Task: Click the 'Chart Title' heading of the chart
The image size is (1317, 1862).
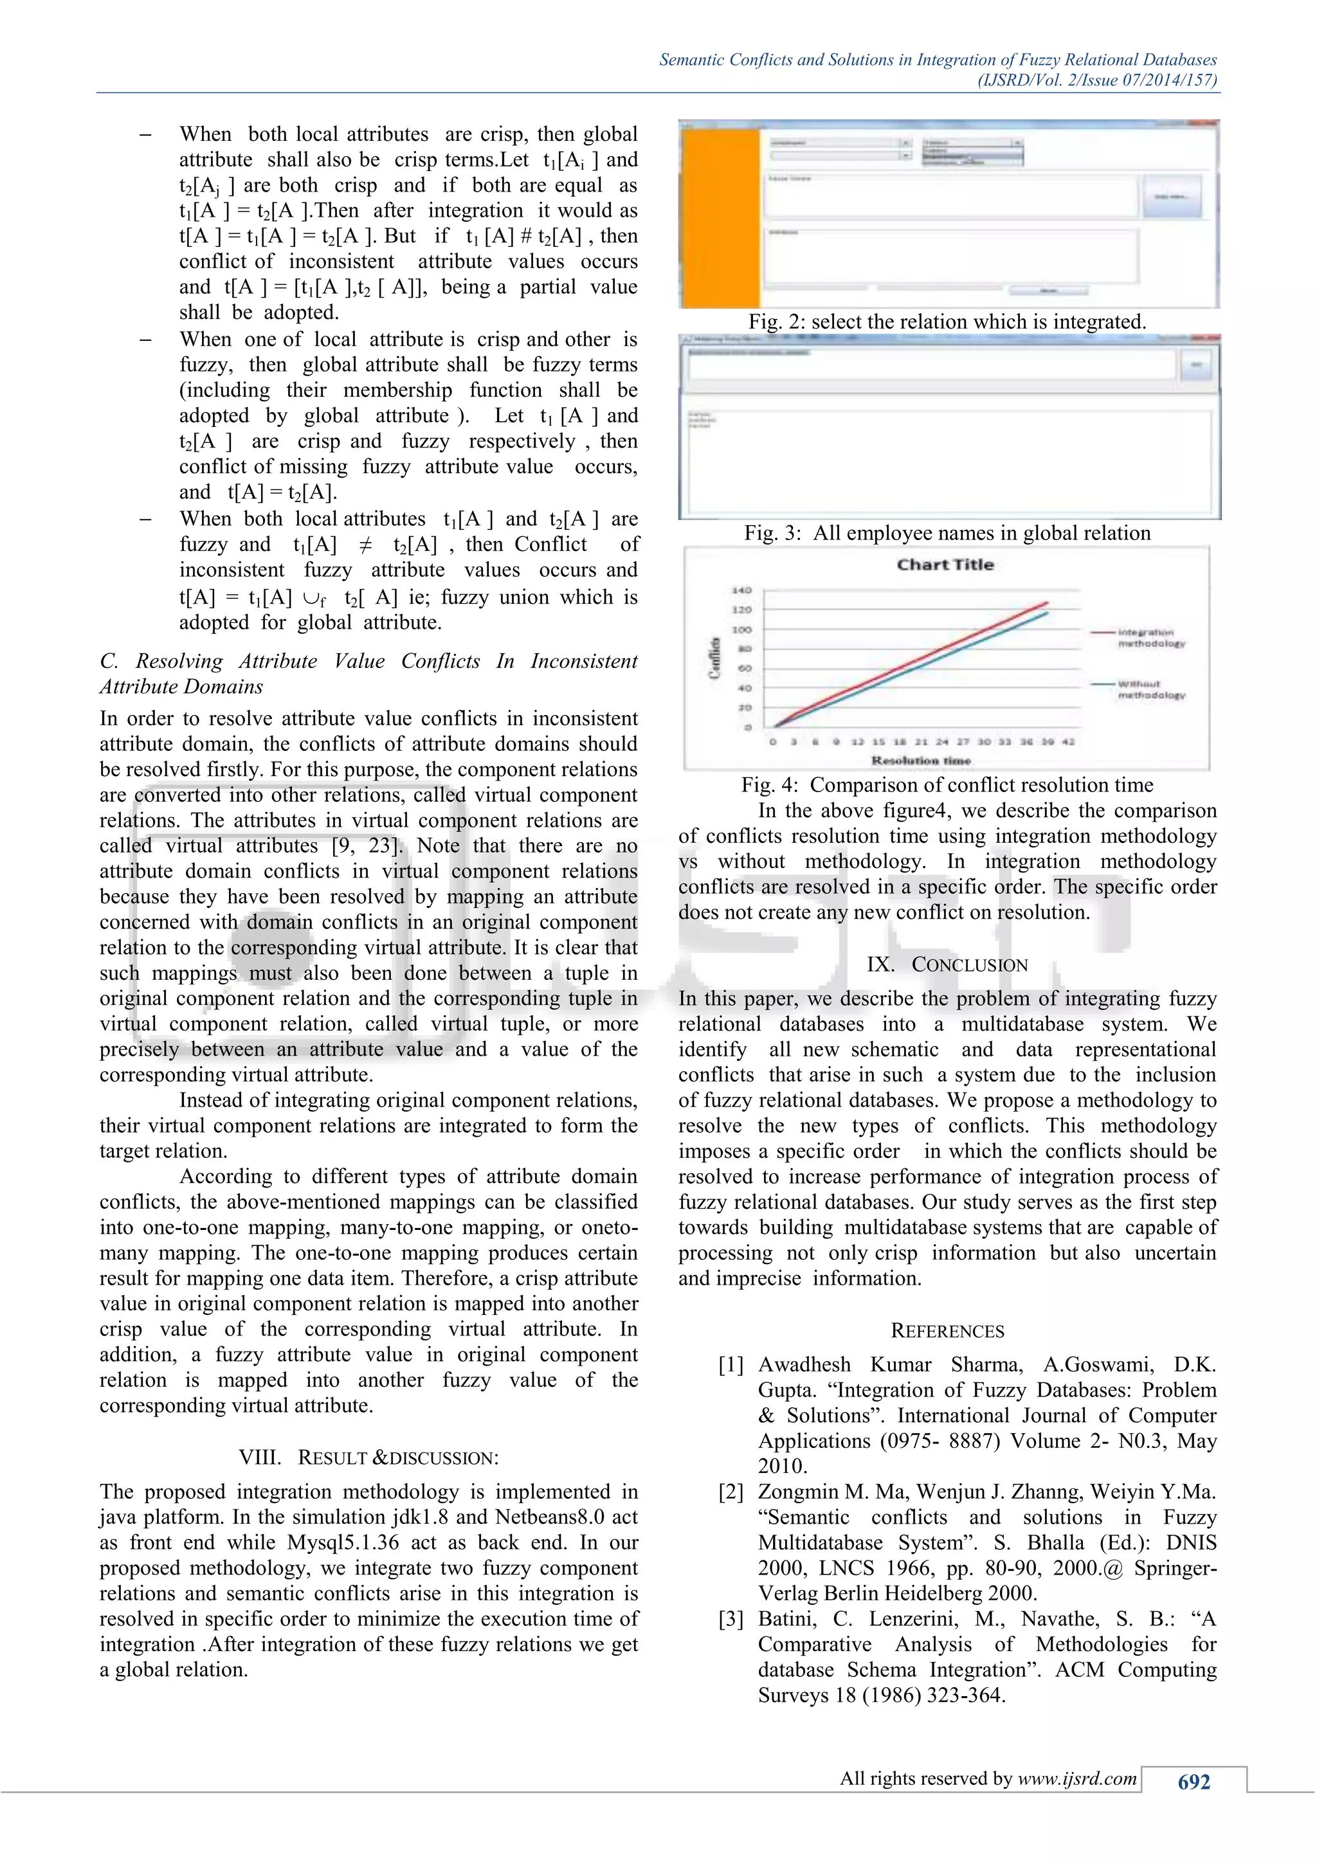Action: coord(945,565)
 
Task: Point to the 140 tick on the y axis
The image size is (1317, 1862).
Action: coord(743,590)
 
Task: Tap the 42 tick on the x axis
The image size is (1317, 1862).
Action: coord(1068,742)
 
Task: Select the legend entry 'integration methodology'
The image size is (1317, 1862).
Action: coord(1150,637)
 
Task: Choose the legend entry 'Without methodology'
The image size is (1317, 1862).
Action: coord(1150,689)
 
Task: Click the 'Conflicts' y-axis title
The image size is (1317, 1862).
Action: coord(715,658)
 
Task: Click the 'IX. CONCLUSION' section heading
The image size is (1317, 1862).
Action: coord(947,964)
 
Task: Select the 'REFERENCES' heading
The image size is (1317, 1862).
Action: coord(947,1331)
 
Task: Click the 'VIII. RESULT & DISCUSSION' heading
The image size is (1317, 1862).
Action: coord(369,1458)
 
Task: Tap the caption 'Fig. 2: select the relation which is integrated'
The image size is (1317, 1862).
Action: coord(947,322)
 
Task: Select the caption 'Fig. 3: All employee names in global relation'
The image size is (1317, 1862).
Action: coord(947,533)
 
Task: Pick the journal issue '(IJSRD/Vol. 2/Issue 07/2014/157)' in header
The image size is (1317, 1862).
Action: coord(1097,80)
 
